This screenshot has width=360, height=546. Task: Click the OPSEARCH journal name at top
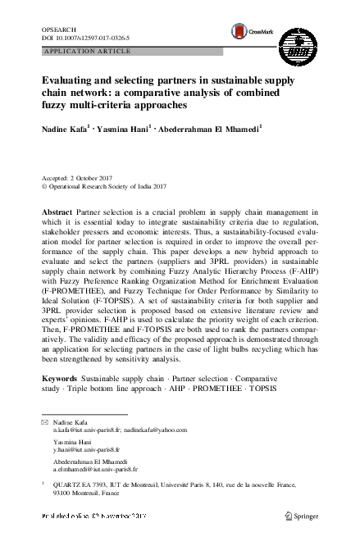pyautogui.click(x=57, y=29)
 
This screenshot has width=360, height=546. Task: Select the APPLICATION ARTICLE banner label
pyautogui.click(x=80, y=51)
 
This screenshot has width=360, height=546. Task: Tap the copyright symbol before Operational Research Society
pyautogui.click(x=44, y=186)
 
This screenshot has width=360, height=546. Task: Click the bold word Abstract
pyautogui.click(x=58, y=212)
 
